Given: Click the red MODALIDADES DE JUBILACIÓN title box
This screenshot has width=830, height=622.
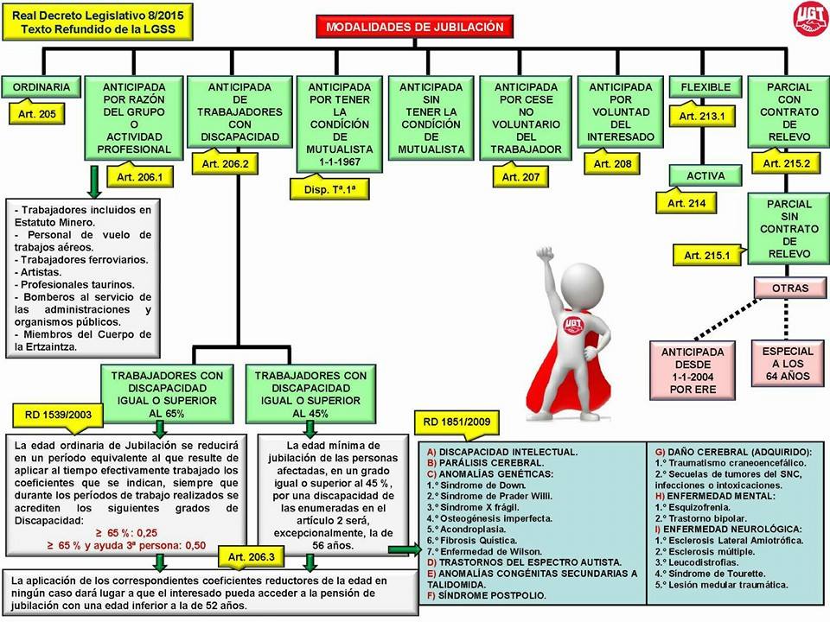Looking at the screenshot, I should [414, 27].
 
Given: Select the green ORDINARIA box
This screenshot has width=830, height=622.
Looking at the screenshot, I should [41, 87].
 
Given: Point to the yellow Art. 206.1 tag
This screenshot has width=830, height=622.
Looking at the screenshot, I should [138, 177].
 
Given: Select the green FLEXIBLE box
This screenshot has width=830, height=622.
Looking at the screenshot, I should [705, 87].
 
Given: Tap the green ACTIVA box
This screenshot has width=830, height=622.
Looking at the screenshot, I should [705, 175].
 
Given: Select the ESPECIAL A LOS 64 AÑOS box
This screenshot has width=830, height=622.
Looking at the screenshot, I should [788, 365].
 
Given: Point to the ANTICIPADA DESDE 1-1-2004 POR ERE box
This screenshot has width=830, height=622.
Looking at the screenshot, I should [693, 371].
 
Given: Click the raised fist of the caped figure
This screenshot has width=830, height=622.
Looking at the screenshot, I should [544, 256].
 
